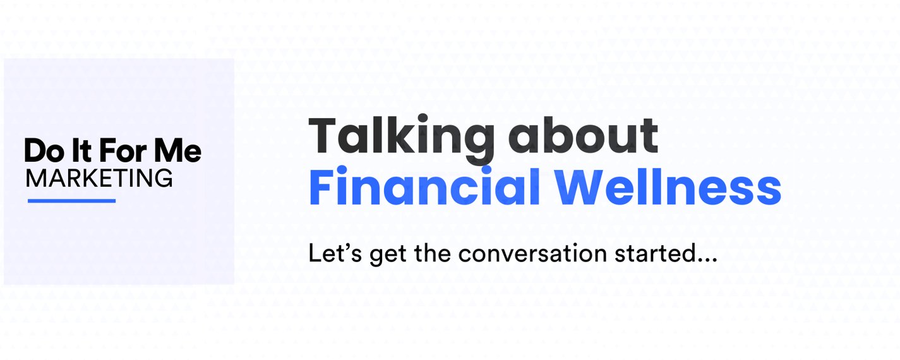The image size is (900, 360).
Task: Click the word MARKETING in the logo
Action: [x=99, y=178]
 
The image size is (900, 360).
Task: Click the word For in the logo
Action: [x=123, y=150]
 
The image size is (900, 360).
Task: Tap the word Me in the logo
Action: [x=177, y=150]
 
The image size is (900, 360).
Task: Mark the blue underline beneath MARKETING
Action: [x=71, y=200]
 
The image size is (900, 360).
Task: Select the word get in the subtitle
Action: [x=388, y=256]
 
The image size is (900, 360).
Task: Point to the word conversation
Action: [x=532, y=253]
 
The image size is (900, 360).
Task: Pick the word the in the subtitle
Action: [x=432, y=253]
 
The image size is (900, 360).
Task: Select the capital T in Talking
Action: [x=322, y=135]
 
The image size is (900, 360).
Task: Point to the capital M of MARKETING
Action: [x=35, y=178]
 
